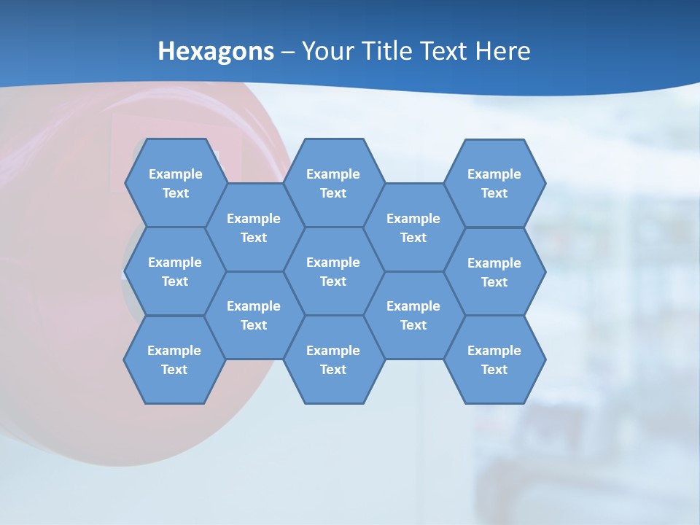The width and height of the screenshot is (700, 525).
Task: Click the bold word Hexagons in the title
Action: (x=216, y=51)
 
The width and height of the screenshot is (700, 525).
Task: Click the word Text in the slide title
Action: (x=448, y=51)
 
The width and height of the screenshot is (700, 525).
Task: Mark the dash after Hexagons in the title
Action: (x=288, y=51)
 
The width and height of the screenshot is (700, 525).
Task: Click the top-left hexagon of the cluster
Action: (x=175, y=183)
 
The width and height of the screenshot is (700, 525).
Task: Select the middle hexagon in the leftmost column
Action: (x=175, y=271)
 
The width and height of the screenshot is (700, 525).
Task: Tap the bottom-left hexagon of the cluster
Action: (x=174, y=359)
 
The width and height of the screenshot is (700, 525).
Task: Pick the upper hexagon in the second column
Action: (x=254, y=227)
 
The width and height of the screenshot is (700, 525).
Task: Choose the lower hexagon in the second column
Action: (x=254, y=315)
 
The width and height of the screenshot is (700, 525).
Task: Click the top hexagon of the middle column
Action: (x=333, y=183)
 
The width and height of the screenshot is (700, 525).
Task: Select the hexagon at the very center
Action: (x=333, y=271)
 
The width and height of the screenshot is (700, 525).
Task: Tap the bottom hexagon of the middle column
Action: (x=333, y=359)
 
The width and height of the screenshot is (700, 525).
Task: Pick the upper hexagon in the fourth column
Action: (x=413, y=227)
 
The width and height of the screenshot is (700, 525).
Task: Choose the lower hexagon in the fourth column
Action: (x=413, y=315)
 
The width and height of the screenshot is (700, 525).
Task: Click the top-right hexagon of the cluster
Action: (x=494, y=183)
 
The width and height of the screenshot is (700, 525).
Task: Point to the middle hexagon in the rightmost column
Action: (x=494, y=272)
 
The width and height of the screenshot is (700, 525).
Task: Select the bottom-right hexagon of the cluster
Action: (x=494, y=359)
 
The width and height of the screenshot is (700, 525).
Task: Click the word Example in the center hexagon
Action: (x=333, y=262)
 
